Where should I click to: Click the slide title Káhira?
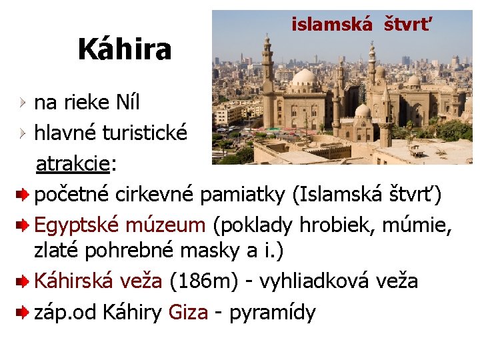[125, 49]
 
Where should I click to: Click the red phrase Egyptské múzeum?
[120, 225]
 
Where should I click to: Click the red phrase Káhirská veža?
[98, 281]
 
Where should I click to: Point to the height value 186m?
[204, 281]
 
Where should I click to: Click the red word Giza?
[189, 311]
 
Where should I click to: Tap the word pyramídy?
[272, 312]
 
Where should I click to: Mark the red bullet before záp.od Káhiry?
[22, 311]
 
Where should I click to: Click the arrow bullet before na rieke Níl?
[23, 102]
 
